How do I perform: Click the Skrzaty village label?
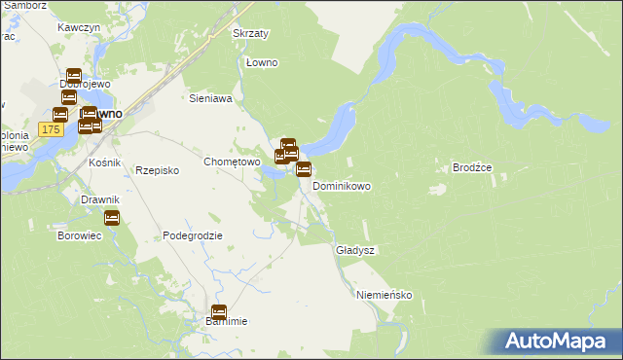pyautogui.click(x=250, y=33)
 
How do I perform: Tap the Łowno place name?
pyautogui.click(x=262, y=63)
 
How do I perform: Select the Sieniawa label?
pyautogui.click(x=209, y=98)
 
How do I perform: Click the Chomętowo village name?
pyautogui.click(x=231, y=162)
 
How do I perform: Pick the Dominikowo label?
pyautogui.click(x=341, y=185)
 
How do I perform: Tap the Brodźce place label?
pyautogui.click(x=473, y=167)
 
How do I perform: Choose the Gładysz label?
pyautogui.click(x=355, y=250)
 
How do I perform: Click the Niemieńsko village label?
pyautogui.click(x=385, y=295)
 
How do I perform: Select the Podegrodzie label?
pyautogui.click(x=193, y=235)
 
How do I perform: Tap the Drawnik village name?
pyautogui.click(x=99, y=199)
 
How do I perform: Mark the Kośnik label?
pyautogui.click(x=103, y=162)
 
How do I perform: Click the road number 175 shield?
pyautogui.click(x=52, y=128)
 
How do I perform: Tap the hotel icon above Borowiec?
pyautogui.click(x=112, y=218)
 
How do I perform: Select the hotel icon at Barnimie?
pyautogui.click(x=219, y=313)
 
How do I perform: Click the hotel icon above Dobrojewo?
pyautogui.click(x=74, y=76)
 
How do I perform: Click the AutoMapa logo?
pyautogui.click(x=560, y=342)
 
